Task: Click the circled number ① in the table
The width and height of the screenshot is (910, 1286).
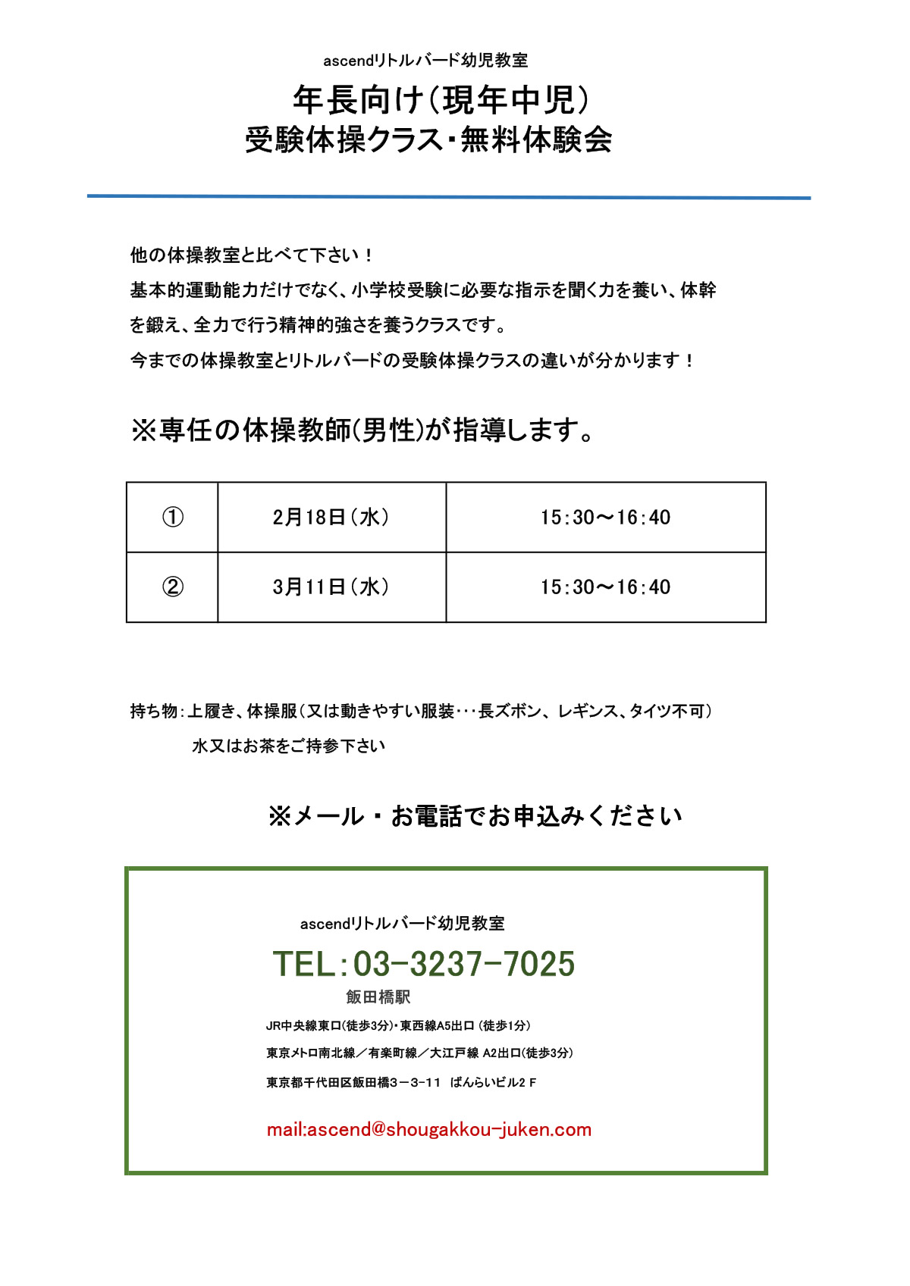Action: (x=173, y=517)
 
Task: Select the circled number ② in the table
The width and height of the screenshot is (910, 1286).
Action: (x=173, y=587)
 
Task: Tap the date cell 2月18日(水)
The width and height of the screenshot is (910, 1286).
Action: (x=331, y=517)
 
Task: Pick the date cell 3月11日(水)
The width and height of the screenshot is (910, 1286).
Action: (x=331, y=587)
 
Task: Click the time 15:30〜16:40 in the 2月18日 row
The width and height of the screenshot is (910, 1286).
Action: (x=605, y=517)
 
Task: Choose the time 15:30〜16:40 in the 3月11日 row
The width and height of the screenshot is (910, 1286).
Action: (x=605, y=587)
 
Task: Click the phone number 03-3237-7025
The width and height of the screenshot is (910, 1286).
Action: (x=463, y=964)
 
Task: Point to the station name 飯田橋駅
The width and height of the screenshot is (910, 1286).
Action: (x=378, y=997)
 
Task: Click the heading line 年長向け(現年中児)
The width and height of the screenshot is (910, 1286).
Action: (x=442, y=99)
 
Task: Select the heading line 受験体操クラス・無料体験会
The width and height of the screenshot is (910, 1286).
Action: (x=428, y=140)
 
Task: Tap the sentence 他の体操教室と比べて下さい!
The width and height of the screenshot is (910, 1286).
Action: (x=251, y=255)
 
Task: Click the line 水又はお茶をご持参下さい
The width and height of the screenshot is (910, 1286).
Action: (x=288, y=746)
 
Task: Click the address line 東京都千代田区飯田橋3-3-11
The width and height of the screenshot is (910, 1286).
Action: (x=353, y=1082)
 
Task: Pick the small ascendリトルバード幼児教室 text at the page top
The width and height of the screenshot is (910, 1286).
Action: (x=425, y=60)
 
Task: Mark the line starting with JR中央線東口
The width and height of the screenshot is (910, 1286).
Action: (x=398, y=1025)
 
